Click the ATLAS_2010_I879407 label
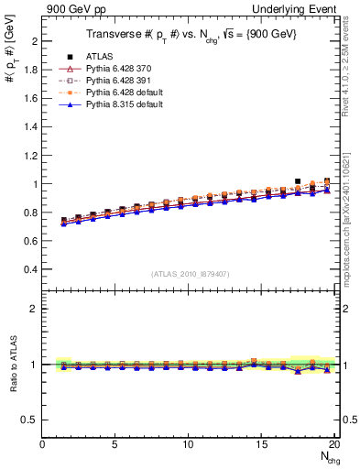[x=190, y=273]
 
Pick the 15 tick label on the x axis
[x=262, y=445]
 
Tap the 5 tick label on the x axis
[x=115, y=445]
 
